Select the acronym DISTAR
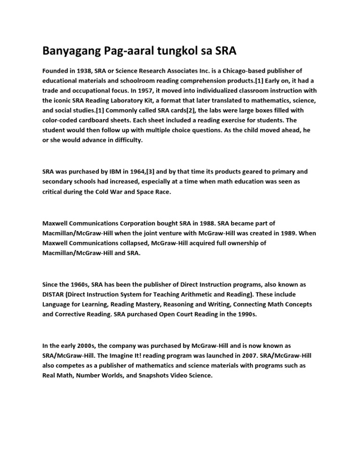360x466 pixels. [x=54, y=294]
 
